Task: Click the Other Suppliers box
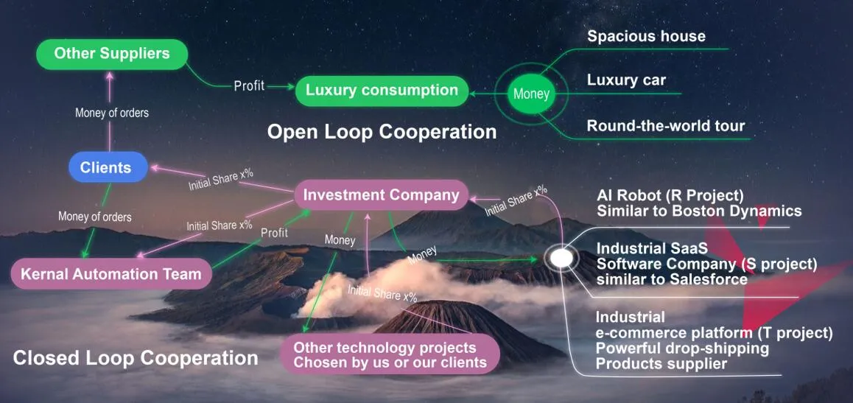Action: click(x=111, y=54)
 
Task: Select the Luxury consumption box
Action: click(x=382, y=91)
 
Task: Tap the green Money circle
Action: click(x=532, y=94)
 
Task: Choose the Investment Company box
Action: click(x=381, y=195)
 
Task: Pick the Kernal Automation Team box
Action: click(x=111, y=273)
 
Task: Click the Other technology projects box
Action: click(x=390, y=354)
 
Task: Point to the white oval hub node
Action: click(x=561, y=258)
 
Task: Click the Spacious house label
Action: click(x=646, y=36)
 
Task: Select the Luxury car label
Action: click(x=626, y=80)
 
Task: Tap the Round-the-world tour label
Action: click(x=666, y=126)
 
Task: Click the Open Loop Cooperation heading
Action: click(x=382, y=132)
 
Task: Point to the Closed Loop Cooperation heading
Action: click(x=136, y=358)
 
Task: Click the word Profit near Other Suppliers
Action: click(x=249, y=85)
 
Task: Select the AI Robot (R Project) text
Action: click(x=670, y=195)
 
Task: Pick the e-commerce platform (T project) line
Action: click(x=715, y=333)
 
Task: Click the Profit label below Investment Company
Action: click(x=274, y=233)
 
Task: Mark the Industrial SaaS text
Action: click(x=652, y=248)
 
